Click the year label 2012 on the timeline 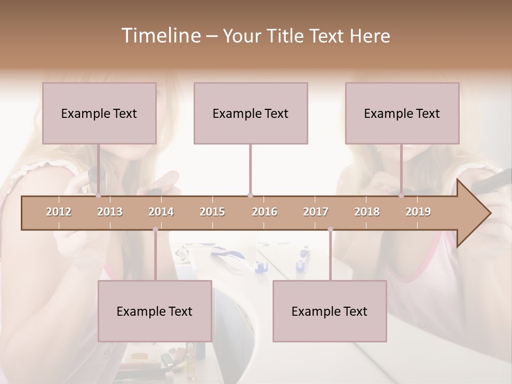pyautogui.click(x=59, y=212)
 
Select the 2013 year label pyautogui.click(x=110, y=212)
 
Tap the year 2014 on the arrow pyautogui.click(x=161, y=212)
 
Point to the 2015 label pyautogui.click(x=212, y=212)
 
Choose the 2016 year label pyautogui.click(x=265, y=212)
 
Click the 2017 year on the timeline pyautogui.click(x=316, y=212)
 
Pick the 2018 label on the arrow pyautogui.click(x=367, y=212)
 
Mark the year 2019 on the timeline pyautogui.click(x=418, y=212)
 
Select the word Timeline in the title pyautogui.click(x=160, y=36)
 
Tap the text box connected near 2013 pyautogui.click(x=99, y=113)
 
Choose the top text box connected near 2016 pyautogui.click(x=251, y=113)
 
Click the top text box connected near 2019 pyautogui.click(x=402, y=113)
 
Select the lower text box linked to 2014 pyautogui.click(x=155, y=311)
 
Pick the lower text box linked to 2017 pyautogui.click(x=330, y=311)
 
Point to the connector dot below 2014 pyautogui.click(x=155, y=229)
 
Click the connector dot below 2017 pyautogui.click(x=330, y=229)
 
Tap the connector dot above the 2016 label pyautogui.click(x=250, y=196)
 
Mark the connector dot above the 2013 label pyautogui.click(x=98, y=196)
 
